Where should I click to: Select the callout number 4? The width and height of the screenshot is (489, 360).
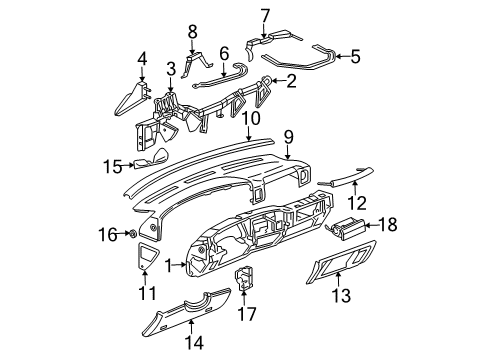(x=142, y=57)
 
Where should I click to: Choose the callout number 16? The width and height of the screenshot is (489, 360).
(x=110, y=234)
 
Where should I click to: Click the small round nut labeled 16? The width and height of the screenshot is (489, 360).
(x=132, y=234)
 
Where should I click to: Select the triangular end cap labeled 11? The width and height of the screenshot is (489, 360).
(x=147, y=257)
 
